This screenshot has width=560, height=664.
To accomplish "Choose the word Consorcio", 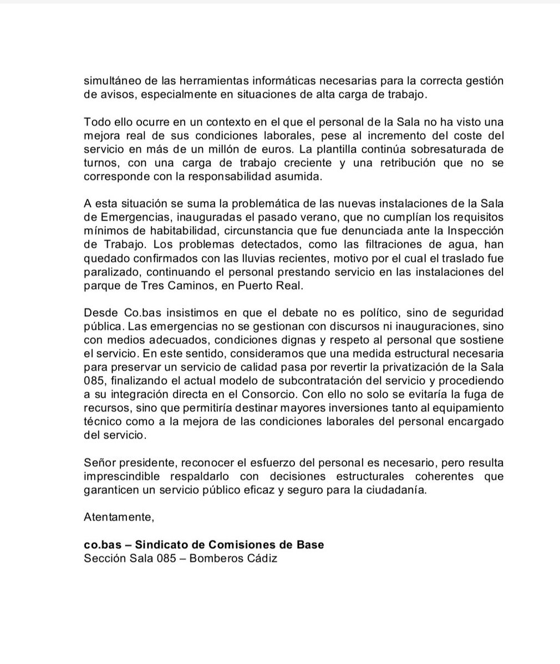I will [245, 394].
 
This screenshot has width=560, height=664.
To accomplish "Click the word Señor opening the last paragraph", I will [98, 462].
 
